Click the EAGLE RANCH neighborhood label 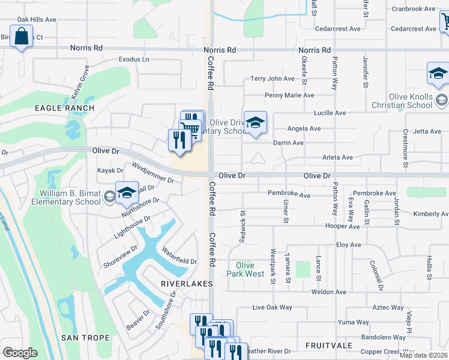point(64,108)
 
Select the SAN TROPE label point(85,338)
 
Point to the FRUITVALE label point(328,346)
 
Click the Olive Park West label point(246,269)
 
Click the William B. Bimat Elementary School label point(70,197)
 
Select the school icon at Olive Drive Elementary point(256,124)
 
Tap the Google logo point(20,353)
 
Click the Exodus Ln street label point(134,59)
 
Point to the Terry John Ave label point(273,79)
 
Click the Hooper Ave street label point(342,226)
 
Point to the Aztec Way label point(388,307)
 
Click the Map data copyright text point(423,355)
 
